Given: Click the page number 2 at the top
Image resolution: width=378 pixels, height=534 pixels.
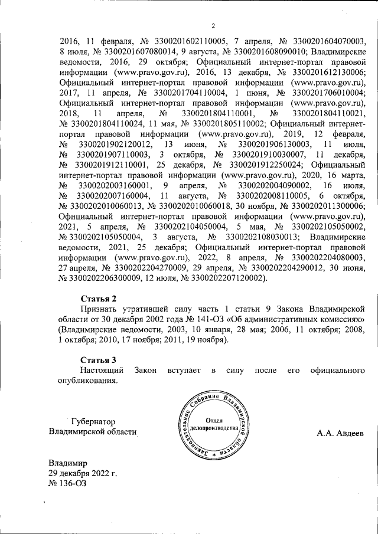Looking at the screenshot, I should pyautogui.click(x=214, y=26).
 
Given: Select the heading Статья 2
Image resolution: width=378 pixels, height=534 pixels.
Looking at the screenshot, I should pyautogui.click(x=98, y=298).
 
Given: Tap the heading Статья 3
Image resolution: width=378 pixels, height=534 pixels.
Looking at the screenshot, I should pyautogui.click(x=98, y=359).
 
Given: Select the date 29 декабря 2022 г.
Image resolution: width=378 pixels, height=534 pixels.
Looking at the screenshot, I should pyautogui.click(x=83, y=473).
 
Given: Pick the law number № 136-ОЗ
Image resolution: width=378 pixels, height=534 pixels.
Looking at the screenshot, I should pyautogui.click(x=68, y=484).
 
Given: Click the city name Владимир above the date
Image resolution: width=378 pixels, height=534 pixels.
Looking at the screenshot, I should pyautogui.click(x=68, y=463).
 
